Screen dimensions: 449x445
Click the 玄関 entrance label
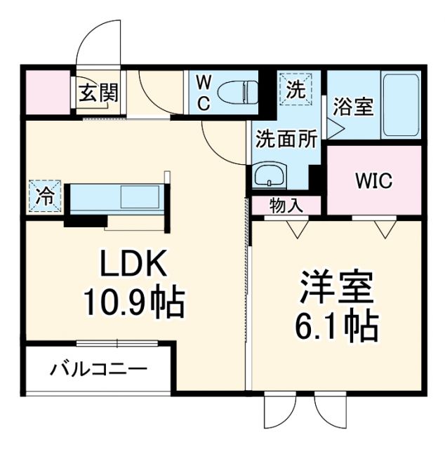(98, 93)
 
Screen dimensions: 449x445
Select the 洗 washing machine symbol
(295, 89)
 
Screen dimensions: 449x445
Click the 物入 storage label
(286, 206)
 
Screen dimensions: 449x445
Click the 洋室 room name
(336, 288)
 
